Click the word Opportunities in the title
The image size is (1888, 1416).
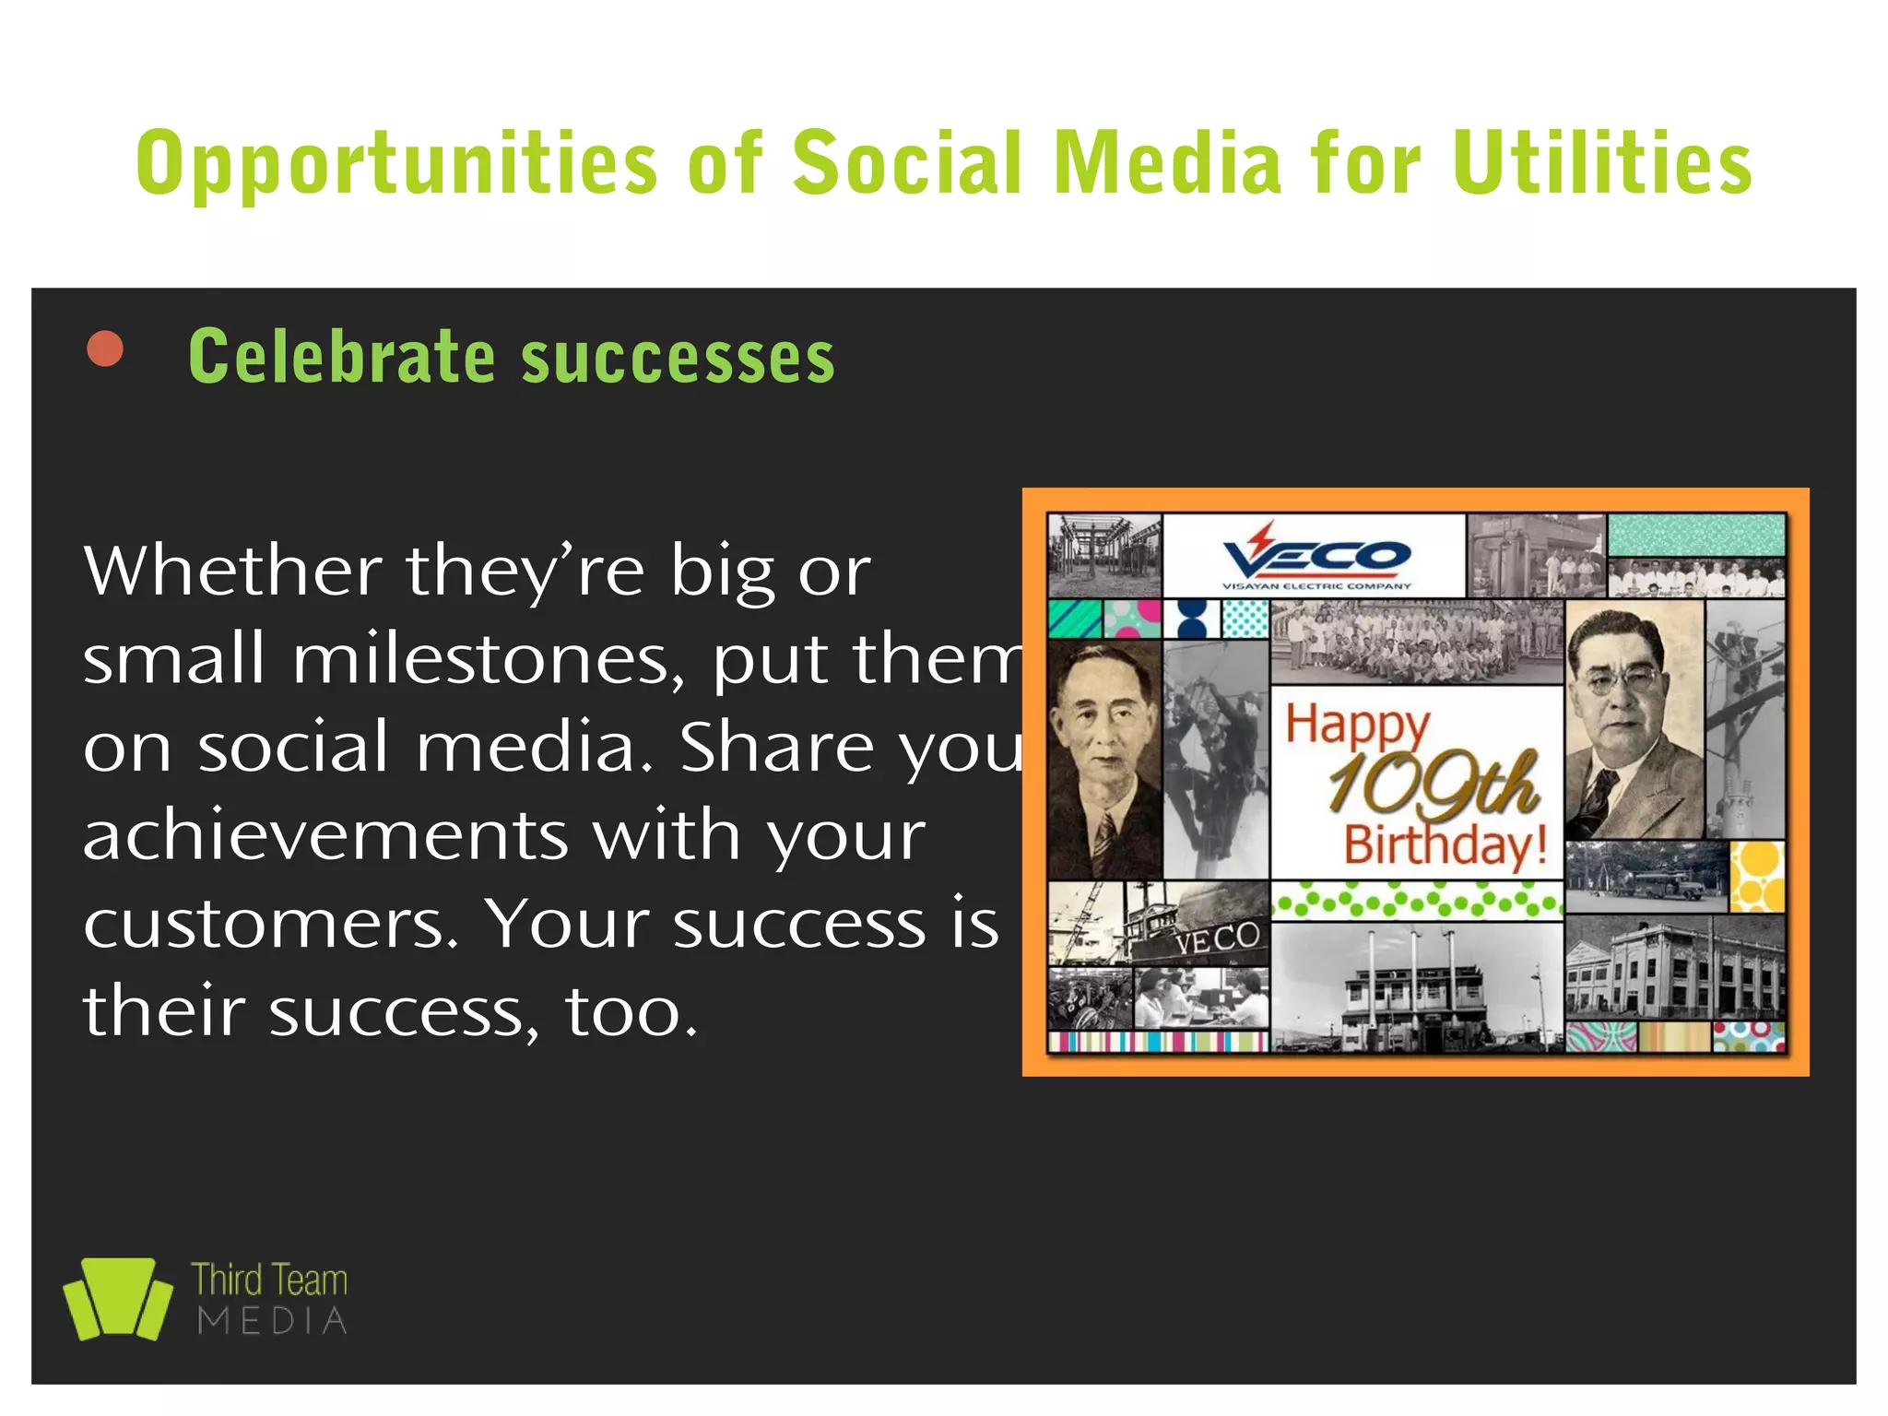click(396, 164)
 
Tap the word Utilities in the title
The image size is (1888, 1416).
click(1602, 164)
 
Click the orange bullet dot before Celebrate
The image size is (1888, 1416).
click(105, 349)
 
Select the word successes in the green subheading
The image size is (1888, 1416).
click(678, 358)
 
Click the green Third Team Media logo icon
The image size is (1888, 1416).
click(118, 1298)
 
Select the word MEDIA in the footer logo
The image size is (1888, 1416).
click(273, 1322)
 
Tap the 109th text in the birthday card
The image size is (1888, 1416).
click(1433, 785)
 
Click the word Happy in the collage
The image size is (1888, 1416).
click(1357, 725)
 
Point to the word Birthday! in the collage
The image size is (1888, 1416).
click(1445, 844)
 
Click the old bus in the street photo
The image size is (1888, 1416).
click(1659, 886)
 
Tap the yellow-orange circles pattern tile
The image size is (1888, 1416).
click(1757, 876)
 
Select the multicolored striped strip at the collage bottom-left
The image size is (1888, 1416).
click(1158, 1042)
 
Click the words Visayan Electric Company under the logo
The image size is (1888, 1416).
click(1316, 586)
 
